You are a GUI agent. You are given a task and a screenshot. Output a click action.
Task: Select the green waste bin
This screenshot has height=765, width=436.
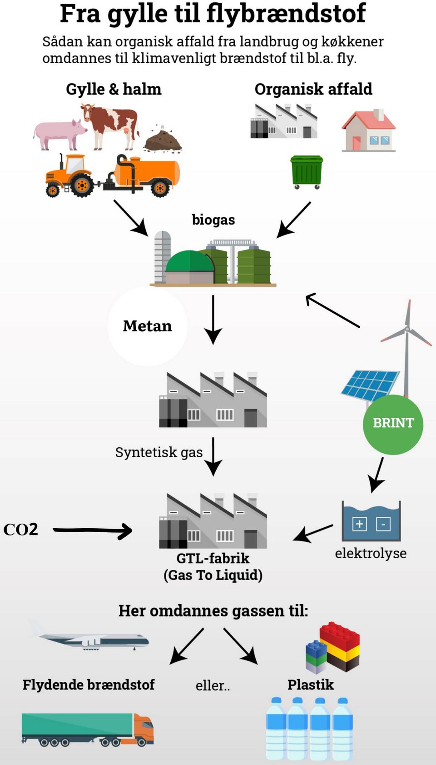(307, 171)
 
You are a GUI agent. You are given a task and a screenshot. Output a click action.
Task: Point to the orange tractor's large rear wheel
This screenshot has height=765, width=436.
(82, 185)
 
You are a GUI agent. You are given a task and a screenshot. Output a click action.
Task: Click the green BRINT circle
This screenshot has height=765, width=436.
(393, 424)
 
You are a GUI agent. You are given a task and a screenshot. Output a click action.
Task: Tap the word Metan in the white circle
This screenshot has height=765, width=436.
(147, 326)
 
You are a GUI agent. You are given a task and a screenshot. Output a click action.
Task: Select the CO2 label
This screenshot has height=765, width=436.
(20, 530)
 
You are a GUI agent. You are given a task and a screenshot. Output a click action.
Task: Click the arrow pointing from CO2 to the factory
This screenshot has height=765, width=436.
(93, 530)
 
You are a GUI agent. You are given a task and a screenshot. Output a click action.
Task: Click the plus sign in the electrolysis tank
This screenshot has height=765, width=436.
(360, 524)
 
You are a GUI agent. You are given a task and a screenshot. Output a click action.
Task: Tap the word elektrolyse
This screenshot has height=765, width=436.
(371, 553)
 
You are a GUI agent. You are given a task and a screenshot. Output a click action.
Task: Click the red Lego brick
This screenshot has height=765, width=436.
(340, 636)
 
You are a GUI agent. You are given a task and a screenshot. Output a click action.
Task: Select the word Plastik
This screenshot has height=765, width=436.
(311, 685)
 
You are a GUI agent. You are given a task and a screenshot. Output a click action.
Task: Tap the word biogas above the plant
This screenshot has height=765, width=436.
(213, 220)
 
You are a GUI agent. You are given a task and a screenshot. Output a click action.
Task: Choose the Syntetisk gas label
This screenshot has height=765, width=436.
(159, 452)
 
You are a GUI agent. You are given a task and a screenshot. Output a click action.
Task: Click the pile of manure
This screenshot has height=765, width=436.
(163, 140)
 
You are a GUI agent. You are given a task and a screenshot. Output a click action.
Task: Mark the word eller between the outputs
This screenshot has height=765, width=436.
(213, 685)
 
